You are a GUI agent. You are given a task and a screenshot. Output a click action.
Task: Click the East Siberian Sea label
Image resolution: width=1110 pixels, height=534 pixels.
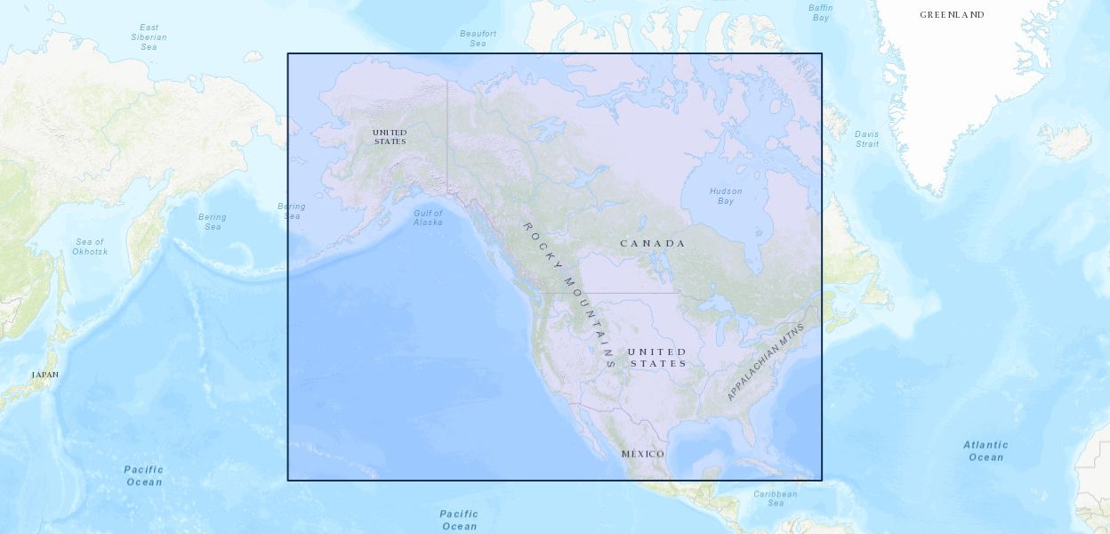149,37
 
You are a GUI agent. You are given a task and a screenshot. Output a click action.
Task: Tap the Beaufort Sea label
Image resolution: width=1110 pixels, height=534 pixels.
478,38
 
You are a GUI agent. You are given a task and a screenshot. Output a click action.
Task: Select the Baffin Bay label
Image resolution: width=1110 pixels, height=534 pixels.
821,12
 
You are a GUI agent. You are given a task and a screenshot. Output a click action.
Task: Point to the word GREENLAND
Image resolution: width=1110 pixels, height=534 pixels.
952,15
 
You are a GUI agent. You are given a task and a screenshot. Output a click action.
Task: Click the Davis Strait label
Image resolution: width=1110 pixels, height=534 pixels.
866,139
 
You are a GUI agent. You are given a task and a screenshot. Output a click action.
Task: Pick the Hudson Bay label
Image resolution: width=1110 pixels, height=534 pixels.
726,196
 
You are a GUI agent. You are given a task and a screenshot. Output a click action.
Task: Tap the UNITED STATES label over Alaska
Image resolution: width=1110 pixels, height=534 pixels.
390,137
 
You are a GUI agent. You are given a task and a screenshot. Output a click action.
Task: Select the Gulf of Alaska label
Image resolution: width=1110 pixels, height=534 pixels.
428,217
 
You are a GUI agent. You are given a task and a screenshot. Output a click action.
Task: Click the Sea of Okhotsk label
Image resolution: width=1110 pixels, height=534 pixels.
90,247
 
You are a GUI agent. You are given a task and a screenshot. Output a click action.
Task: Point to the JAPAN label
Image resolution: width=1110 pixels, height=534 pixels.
44,375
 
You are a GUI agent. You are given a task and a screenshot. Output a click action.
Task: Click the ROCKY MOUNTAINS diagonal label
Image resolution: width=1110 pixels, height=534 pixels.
569,294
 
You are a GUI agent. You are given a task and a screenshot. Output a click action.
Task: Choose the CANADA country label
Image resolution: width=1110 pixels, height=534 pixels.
653,243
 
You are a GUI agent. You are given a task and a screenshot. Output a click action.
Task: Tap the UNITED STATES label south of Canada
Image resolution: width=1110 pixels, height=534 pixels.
657,357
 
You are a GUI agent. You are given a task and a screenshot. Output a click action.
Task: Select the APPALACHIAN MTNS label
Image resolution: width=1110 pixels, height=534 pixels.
765,361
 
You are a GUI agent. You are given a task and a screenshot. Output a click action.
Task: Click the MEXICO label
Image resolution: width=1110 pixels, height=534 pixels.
642,454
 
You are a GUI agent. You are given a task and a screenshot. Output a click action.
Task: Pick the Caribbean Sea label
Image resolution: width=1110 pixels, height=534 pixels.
776,498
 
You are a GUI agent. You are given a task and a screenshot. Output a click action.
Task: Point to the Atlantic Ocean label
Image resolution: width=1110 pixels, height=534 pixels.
985,450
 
